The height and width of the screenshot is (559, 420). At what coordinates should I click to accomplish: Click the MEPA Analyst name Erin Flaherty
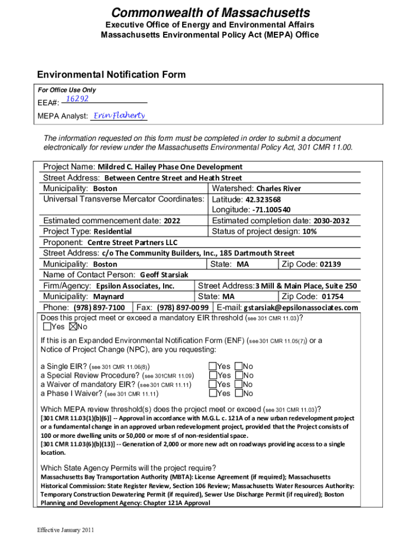coord(119,116)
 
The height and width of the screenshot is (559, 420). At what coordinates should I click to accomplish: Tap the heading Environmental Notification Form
coord(111,75)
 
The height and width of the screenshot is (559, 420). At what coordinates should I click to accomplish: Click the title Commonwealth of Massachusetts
coord(210,13)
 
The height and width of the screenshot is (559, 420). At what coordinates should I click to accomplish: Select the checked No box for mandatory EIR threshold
coord(73,326)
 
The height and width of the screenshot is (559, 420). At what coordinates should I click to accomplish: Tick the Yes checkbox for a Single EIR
coord(212,366)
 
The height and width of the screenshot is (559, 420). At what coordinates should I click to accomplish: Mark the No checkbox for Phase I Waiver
coord(238,393)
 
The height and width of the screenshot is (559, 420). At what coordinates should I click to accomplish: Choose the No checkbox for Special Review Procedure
coord(238,375)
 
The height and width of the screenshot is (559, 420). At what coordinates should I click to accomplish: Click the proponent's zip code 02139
coord(330,264)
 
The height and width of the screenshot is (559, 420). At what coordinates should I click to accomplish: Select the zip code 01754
coord(332,296)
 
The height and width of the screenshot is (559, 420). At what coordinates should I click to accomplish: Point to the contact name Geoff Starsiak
coord(164,275)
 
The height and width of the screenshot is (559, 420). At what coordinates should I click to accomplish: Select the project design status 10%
coord(310,231)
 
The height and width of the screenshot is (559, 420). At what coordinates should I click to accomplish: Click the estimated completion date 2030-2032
coord(331,221)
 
